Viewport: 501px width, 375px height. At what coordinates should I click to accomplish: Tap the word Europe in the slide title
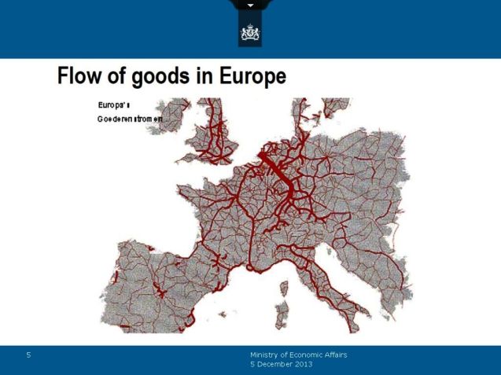point(249,77)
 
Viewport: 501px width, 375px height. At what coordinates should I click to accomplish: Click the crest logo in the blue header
point(250,34)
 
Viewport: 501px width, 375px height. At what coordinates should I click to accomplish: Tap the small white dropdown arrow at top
point(250,6)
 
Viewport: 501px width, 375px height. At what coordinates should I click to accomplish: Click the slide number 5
point(28,355)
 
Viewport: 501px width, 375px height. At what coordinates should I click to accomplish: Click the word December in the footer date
point(276,366)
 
